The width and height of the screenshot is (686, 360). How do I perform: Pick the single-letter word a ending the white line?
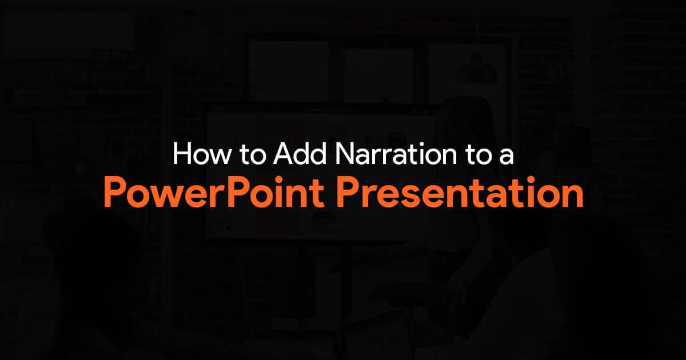tap(507, 158)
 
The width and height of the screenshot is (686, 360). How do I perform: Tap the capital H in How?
tap(182, 155)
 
